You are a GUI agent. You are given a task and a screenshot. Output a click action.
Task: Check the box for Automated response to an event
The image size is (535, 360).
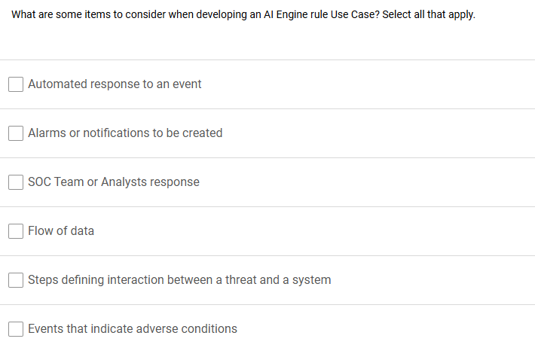(x=16, y=84)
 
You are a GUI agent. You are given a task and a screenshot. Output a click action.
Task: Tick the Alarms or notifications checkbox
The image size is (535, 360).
(x=16, y=133)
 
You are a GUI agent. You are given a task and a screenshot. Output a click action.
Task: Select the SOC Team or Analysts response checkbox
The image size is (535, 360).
(x=16, y=182)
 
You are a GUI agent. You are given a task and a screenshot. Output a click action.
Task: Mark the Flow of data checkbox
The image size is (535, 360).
(x=16, y=231)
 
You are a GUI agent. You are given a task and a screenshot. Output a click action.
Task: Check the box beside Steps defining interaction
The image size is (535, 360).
(x=16, y=280)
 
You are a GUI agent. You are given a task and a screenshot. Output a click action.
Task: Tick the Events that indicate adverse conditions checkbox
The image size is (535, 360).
(x=16, y=329)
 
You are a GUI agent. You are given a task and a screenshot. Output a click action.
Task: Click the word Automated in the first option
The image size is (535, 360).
(x=57, y=84)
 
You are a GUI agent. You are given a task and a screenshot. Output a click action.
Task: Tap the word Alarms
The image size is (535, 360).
(x=47, y=133)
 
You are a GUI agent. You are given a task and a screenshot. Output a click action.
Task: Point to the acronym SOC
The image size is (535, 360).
(x=39, y=182)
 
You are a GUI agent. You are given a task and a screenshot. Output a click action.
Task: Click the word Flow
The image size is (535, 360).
(x=41, y=230)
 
